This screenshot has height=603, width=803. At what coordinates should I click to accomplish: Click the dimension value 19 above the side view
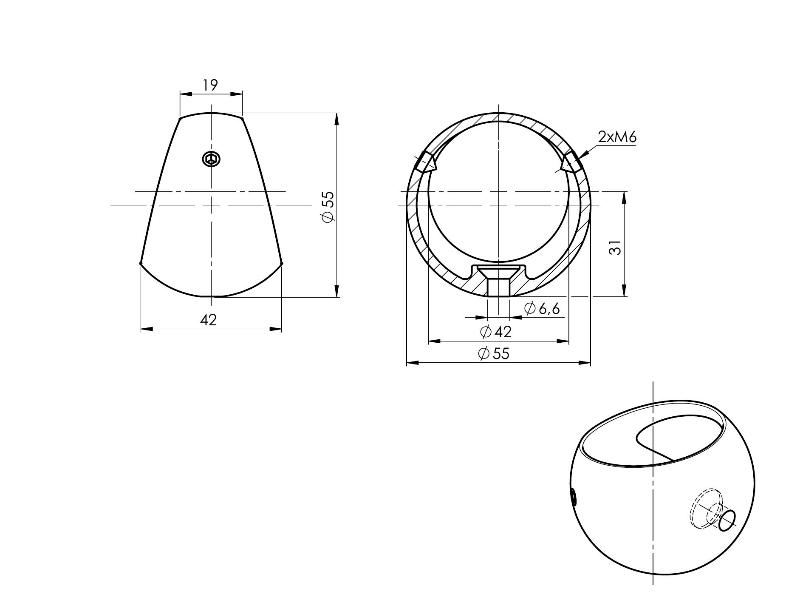pyautogui.click(x=210, y=85)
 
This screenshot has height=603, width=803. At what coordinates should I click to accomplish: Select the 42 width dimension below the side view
pyautogui.click(x=209, y=320)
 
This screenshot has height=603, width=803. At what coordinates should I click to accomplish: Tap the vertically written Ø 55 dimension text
pyautogui.click(x=329, y=206)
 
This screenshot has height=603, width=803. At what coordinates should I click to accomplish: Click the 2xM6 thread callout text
pyautogui.click(x=617, y=137)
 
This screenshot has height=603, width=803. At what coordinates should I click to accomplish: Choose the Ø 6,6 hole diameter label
pyautogui.click(x=543, y=308)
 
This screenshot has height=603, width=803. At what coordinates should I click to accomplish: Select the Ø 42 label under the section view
pyautogui.click(x=496, y=331)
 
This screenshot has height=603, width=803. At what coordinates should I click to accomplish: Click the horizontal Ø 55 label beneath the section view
pyautogui.click(x=494, y=353)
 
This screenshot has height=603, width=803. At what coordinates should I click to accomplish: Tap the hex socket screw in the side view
pyautogui.click(x=211, y=159)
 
